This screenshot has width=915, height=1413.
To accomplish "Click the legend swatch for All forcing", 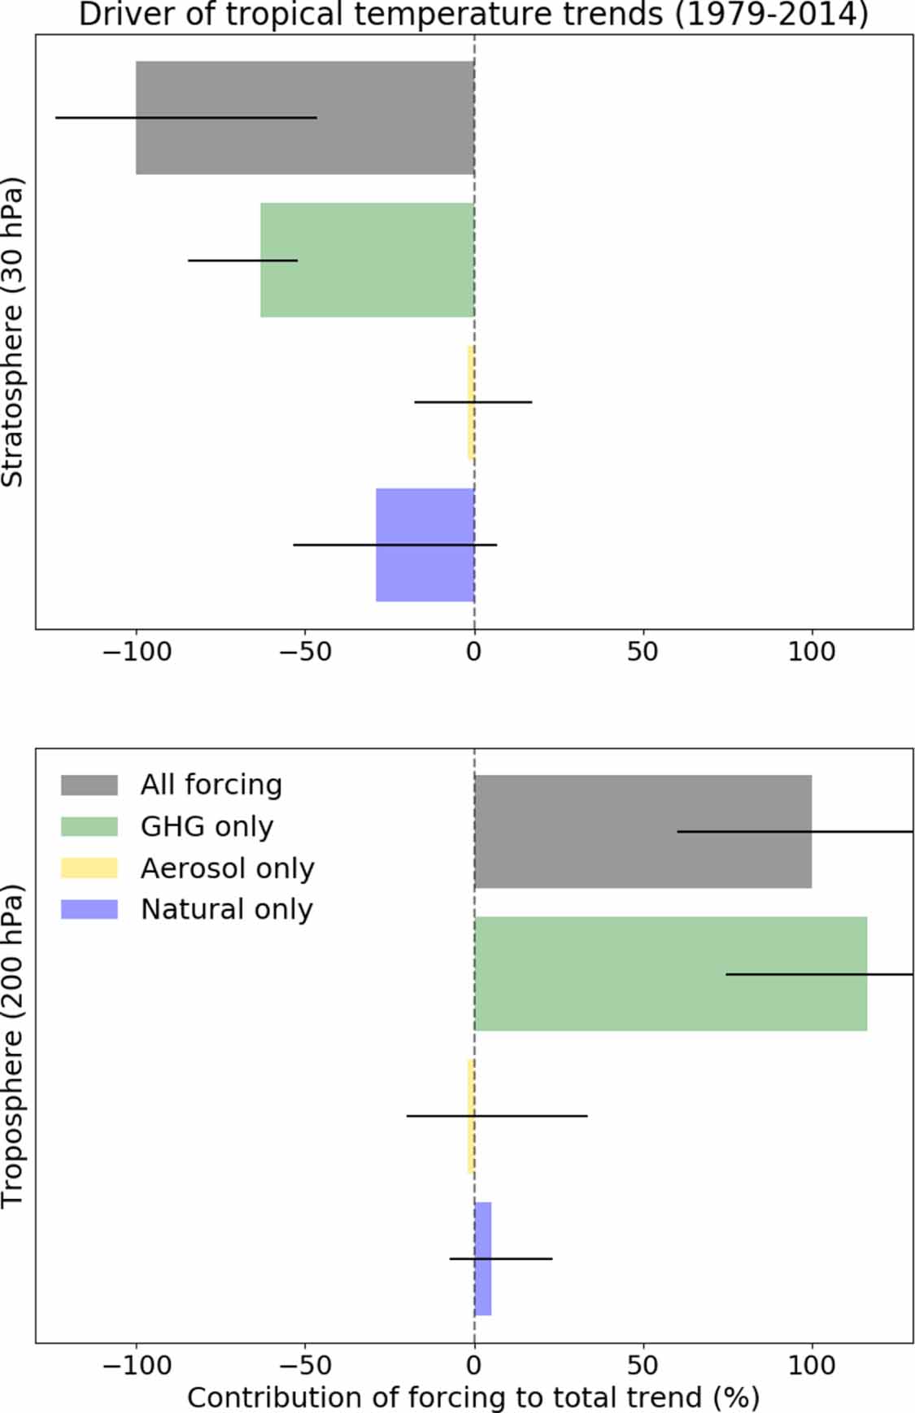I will pos(89,785).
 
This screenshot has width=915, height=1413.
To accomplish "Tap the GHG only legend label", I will pos(207,826).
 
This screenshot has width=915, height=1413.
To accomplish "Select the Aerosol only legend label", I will pos(227,868).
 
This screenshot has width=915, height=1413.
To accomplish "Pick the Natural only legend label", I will pos(226,909).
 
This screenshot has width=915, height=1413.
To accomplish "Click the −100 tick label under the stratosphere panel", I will pos(137,651).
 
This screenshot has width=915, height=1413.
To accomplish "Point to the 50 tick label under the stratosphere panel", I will pos(643,651).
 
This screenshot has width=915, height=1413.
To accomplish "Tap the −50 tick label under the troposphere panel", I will pos(305,1364).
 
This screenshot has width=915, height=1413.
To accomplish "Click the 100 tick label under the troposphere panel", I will pos(812,1364).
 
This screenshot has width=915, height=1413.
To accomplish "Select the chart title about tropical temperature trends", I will pos(473,15).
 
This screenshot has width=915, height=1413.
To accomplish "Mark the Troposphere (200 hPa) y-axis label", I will pos(13,1045).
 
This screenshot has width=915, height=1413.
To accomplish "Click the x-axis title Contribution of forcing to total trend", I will pos(473,1397).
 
